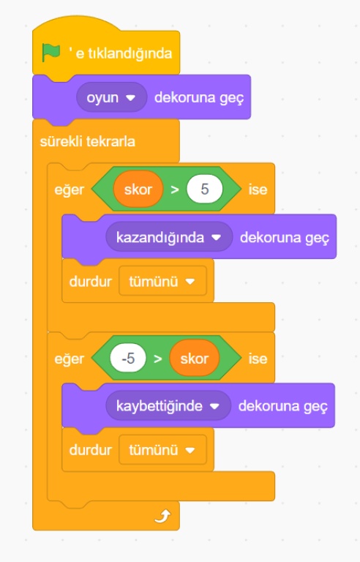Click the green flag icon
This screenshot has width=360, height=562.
(51, 53)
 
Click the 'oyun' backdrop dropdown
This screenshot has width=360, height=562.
(111, 97)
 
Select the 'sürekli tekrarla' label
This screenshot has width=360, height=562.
(88, 141)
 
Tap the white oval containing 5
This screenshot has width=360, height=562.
(204, 189)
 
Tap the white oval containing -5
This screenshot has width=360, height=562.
(128, 358)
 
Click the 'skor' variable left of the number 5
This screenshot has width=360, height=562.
(138, 189)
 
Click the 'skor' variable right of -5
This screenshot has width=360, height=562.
(195, 358)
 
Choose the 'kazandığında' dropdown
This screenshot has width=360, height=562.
(169, 237)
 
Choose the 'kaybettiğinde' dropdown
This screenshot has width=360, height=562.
(168, 405)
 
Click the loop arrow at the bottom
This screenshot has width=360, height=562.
(162, 516)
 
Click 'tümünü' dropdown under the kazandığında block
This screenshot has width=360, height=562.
(162, 281)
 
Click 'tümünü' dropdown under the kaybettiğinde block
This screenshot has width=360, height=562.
(162, 450)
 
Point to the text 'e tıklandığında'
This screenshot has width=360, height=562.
(124, 53)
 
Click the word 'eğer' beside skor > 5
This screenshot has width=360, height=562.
(70, 190)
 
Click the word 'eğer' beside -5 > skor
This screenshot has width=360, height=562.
(70, 359)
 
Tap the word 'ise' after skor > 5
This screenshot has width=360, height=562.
(258, 190)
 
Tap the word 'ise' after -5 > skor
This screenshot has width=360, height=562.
(258, 359)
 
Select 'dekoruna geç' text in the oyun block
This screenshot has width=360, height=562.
(199, 98)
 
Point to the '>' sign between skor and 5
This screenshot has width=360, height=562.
(175, 190)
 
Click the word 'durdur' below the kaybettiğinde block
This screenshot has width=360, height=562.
(90, 450)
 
